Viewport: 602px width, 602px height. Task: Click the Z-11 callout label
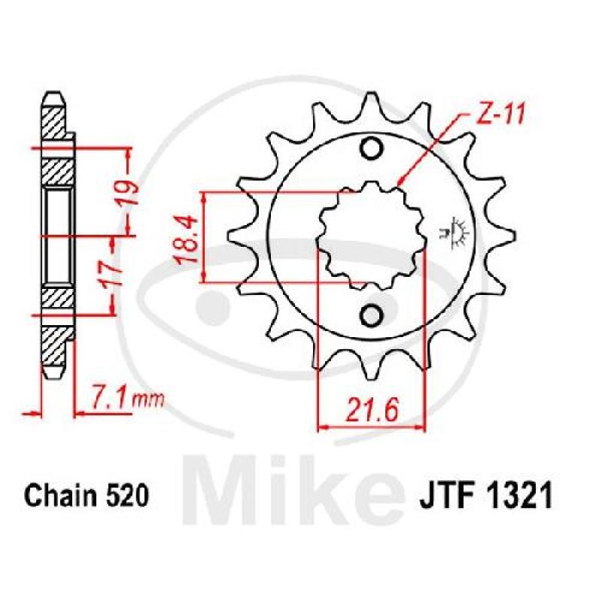(500, 114)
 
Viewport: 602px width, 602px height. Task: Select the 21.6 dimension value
(371, 409)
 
